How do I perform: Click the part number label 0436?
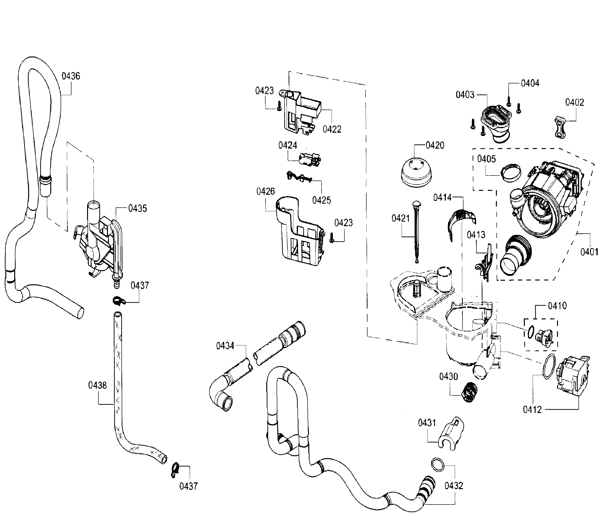[71, 76]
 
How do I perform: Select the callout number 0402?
[574, 102]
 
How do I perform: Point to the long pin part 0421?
[416, 231]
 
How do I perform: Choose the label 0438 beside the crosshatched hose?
[97, 385]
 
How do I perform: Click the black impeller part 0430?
[469, 392]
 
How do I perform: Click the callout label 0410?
[557, 306]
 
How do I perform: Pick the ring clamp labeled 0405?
[511, 173]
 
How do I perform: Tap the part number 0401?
[589, 252]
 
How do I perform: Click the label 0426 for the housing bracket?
[266, 191]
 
